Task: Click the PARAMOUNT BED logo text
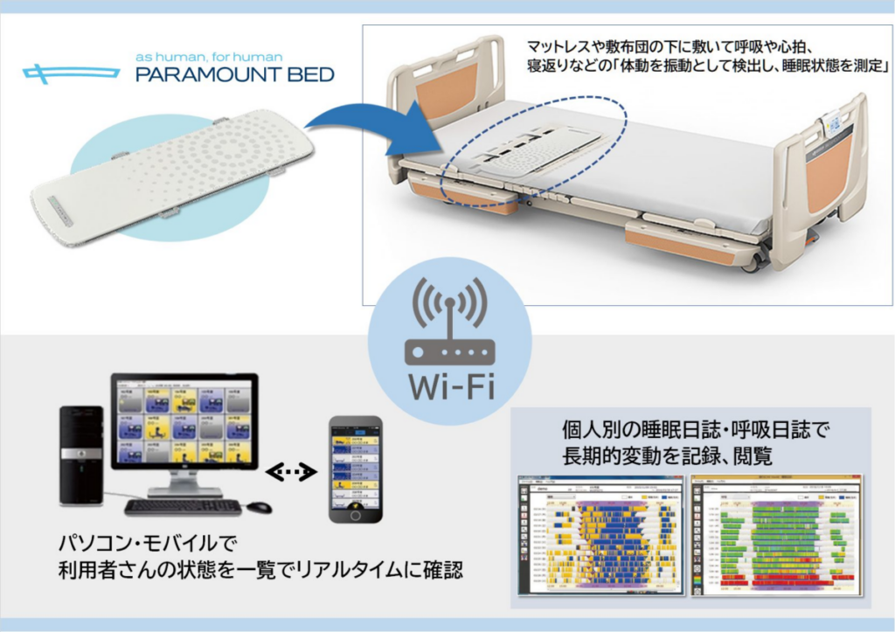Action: [234, 75]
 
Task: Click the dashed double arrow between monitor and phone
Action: [293, 472]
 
